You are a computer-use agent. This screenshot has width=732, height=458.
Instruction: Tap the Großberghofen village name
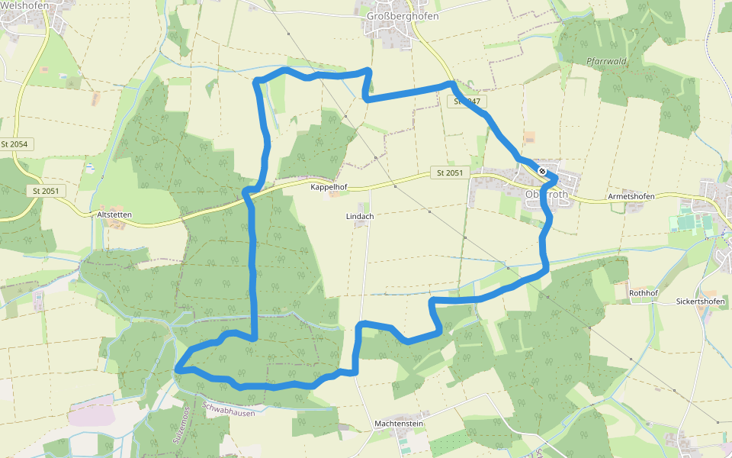(392, 15)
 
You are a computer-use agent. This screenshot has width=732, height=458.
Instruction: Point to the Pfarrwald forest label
(606, 61)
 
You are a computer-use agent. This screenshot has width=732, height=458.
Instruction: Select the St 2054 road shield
(14, 144)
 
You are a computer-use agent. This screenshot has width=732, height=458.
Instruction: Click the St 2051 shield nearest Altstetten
(46, 191)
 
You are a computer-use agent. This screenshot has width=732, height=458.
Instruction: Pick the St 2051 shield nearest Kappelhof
(449, 173)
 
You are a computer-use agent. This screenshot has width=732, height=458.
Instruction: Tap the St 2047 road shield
(468, 101)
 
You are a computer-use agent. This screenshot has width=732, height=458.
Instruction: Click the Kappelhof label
(329, 186)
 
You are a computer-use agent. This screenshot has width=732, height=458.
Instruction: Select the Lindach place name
(360, 216)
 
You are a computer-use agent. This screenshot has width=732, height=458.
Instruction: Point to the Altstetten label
(114, 215)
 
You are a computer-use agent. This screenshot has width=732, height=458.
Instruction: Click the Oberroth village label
(547, 195)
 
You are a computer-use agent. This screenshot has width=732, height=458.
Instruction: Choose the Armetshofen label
(631, 196)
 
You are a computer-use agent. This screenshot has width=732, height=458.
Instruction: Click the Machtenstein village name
(399, 423)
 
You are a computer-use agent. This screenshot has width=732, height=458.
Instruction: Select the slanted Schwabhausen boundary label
(228, 406)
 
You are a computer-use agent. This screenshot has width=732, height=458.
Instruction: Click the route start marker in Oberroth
(542, 171)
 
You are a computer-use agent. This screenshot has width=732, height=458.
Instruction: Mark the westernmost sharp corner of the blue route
(176, 369)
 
